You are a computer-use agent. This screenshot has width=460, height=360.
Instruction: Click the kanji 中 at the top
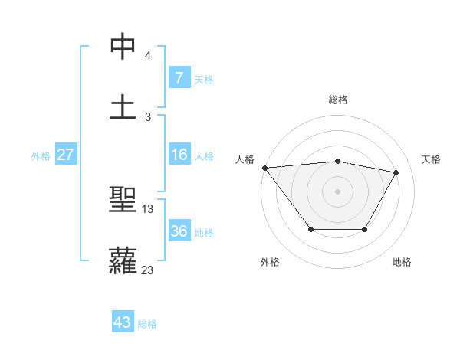tap(123, 47)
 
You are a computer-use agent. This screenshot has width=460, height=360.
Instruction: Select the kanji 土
tap(123, 106)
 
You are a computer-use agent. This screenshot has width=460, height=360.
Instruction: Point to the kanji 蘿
tap(123, 260)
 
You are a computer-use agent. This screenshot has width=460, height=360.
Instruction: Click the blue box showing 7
tap(179, 78)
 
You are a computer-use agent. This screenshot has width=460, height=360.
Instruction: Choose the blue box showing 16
tap(179, 155)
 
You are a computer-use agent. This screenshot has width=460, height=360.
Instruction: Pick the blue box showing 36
tap(179, 231)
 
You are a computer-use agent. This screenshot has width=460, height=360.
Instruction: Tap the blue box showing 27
tap(65, 155)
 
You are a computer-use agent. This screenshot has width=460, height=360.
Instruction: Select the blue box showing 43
tap(122, 322)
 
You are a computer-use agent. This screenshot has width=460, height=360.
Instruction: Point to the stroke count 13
tap(148, 209)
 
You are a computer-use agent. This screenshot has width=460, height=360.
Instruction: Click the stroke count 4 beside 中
tap(148, 56)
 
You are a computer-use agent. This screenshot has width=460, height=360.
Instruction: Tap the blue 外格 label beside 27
tap(41, 155)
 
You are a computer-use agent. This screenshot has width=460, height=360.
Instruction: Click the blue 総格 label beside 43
tap(147, 323)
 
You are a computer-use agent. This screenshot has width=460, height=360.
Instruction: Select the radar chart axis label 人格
tap(245, 159)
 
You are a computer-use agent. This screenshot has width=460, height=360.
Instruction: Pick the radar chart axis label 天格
tap(431, 159)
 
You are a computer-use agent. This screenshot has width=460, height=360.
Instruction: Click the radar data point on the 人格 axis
tap(264, 168)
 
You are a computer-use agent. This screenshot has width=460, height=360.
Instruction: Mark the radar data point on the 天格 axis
tap(396, 172)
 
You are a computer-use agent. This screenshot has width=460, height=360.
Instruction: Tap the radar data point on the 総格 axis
tap(337, 161)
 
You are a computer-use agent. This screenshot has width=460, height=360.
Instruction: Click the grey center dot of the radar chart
tap(337, 191)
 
